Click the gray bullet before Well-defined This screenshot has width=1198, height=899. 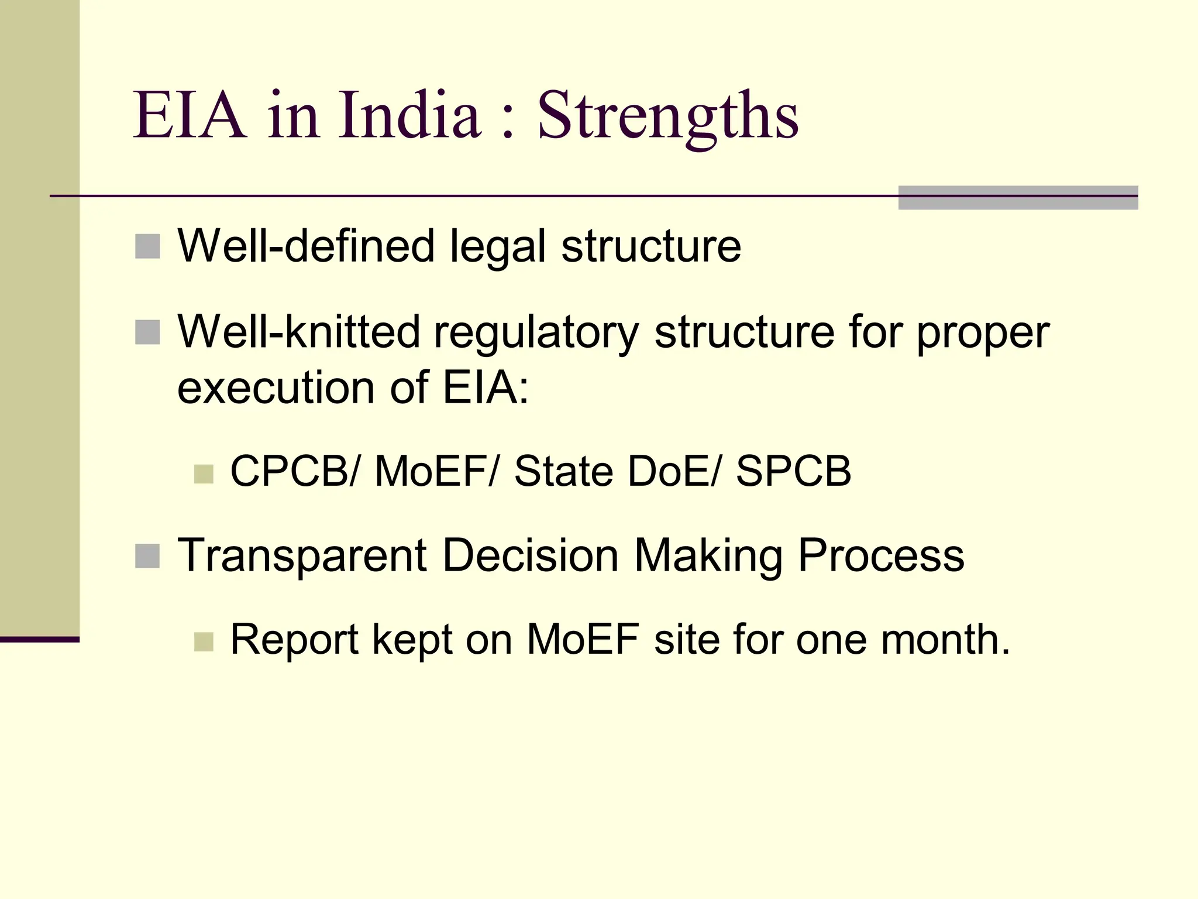pos(147,246)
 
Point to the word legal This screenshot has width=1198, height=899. pos(498,246)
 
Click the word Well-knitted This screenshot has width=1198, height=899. pos(298,332)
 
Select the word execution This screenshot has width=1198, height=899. pos(276,387)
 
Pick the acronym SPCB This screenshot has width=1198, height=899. pos(793,471)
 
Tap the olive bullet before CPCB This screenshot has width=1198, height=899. pos(204,474)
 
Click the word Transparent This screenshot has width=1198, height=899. pos(302,555)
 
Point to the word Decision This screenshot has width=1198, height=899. pos(530,555)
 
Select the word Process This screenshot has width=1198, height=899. pos(881,555)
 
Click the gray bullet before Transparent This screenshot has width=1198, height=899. pos(147,556)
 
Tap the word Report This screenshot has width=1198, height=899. pos(294,640)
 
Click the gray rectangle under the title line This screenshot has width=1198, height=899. pos(1018,198)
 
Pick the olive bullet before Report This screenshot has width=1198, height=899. pos(204,642)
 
